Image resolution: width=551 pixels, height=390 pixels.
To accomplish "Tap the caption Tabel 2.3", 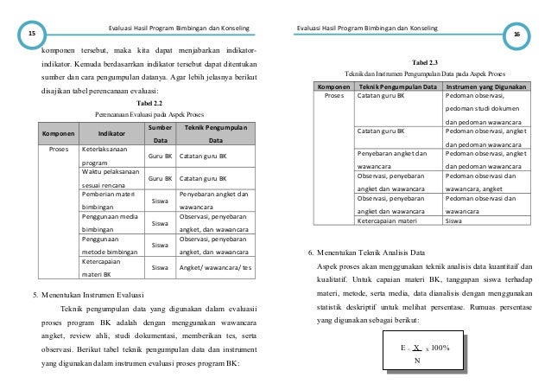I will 425,63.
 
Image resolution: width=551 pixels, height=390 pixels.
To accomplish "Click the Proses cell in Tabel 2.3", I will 334,97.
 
